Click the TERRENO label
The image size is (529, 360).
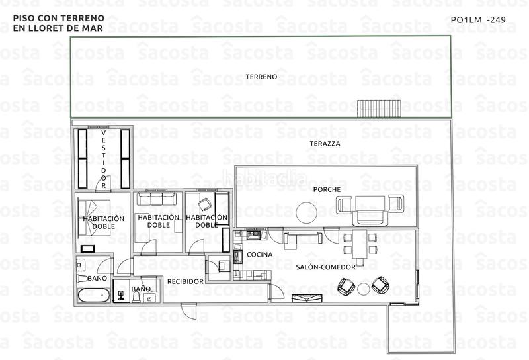pyautogui.click(x=261, y=77)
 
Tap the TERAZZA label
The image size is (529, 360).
pyautogui.click(x=325, y=143)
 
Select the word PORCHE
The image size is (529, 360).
pyautogui.click(x=327, y=190)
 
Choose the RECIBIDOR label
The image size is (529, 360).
pyautogui.click(x=184, y=281)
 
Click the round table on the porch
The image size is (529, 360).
pyautogui.click(x=305, y=212)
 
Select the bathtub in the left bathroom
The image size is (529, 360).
pyautogui.click(x=93, y=296)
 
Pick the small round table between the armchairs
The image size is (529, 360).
pyautogui.click(x=363, y=288)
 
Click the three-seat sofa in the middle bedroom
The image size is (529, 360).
pyautogui.click(x=155, y=200)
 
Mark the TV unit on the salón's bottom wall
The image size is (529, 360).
pyautogui.click(x=307, y=298)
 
